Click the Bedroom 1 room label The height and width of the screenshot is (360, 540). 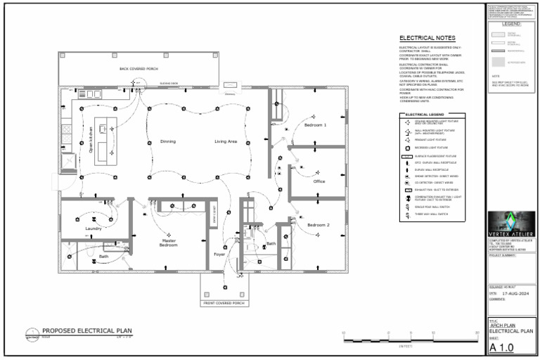(x=315, y=124)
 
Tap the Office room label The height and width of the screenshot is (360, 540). (x=319, y=181)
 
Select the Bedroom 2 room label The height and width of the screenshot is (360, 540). (x=319, y=225)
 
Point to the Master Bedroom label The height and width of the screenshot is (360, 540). (x=168, y=243)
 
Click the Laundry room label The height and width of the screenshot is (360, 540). (x=93, y=229)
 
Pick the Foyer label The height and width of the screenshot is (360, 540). (x=219, y=255)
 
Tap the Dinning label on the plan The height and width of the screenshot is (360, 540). (x=168, y=141)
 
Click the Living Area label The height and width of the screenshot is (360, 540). (x=226, y=141)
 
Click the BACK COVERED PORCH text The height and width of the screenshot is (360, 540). (x=139, y=69)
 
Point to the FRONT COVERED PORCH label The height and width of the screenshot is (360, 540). (x=224, y=303)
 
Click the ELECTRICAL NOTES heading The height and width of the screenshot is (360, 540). (x=427, y=38)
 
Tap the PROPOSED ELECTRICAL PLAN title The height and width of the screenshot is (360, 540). (x=86, y=330)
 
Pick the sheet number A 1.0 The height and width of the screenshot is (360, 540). (x=502, y=347)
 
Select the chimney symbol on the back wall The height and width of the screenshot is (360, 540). (x=230, y=87)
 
